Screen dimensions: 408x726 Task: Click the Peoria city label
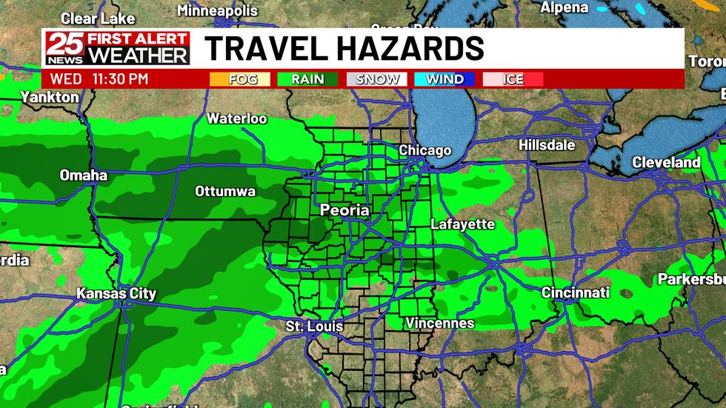(x=344, y=210)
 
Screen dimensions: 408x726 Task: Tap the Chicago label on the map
(x=424, y=150)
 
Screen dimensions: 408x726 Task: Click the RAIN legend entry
(x=307, y=78)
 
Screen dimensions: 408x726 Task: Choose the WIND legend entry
(x=444, y=78)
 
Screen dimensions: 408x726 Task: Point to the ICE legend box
(x=513, y=78)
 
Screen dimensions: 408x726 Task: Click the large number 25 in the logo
(x=63, y=48)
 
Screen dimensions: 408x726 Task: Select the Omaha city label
(x=84, y=175)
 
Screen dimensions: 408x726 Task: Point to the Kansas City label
(x=116, y=294)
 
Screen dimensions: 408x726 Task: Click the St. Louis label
(x=314, y=326)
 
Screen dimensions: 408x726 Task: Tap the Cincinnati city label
(x=575, y=292)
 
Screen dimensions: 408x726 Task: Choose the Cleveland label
(x=666, y=162)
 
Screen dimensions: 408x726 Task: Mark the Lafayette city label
(x=462, y=224)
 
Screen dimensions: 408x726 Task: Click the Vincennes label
(x=439, y=324)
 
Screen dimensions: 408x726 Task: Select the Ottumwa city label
(x=225, y=192)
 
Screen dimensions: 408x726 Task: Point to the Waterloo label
(x=236, y=118)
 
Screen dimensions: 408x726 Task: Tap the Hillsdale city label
(x=547, y=145)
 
